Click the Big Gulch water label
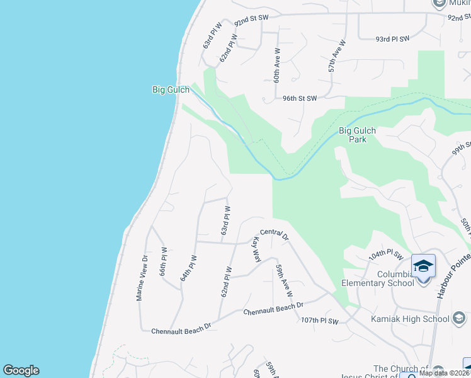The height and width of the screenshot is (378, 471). (171, 90)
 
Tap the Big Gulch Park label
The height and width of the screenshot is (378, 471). (357, 135)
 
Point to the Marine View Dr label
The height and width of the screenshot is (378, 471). (143, 278)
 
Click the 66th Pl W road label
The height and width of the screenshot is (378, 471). (163, 261)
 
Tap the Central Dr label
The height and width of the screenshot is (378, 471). (274, 235)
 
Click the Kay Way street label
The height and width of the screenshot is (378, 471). (257, 249)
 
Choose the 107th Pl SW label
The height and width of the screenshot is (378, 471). (320, 321)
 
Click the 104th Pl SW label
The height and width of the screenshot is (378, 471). (385, 255)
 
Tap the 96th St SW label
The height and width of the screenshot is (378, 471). (300, 98)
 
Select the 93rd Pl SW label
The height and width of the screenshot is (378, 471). (392, 38)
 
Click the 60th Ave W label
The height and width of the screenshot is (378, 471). (276, 64)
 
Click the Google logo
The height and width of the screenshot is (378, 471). (21, 370)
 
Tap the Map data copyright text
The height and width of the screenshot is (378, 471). (445, 373)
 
